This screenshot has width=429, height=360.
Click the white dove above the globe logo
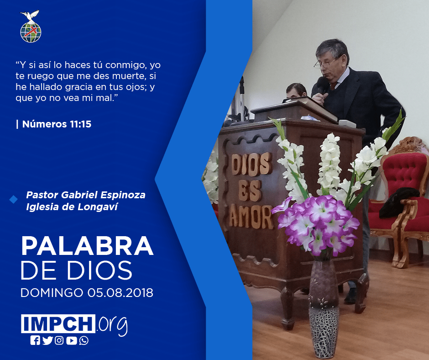30,16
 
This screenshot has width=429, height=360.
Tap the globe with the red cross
31,32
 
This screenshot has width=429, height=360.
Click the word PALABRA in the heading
87,246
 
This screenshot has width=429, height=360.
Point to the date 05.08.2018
120,292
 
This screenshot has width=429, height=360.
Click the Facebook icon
35,340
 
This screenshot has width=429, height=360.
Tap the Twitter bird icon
47,340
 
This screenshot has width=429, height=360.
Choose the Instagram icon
59,340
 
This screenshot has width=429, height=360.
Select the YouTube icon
71,340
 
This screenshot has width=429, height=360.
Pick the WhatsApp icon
84,340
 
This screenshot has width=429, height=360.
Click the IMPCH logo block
58,323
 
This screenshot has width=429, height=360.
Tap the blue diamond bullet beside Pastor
13,200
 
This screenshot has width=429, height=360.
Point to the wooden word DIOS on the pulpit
251,164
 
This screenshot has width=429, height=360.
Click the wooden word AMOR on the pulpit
251,216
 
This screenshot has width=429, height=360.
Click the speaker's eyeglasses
326,63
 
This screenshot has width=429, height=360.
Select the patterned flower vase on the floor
324,308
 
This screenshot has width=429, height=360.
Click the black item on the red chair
399,202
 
